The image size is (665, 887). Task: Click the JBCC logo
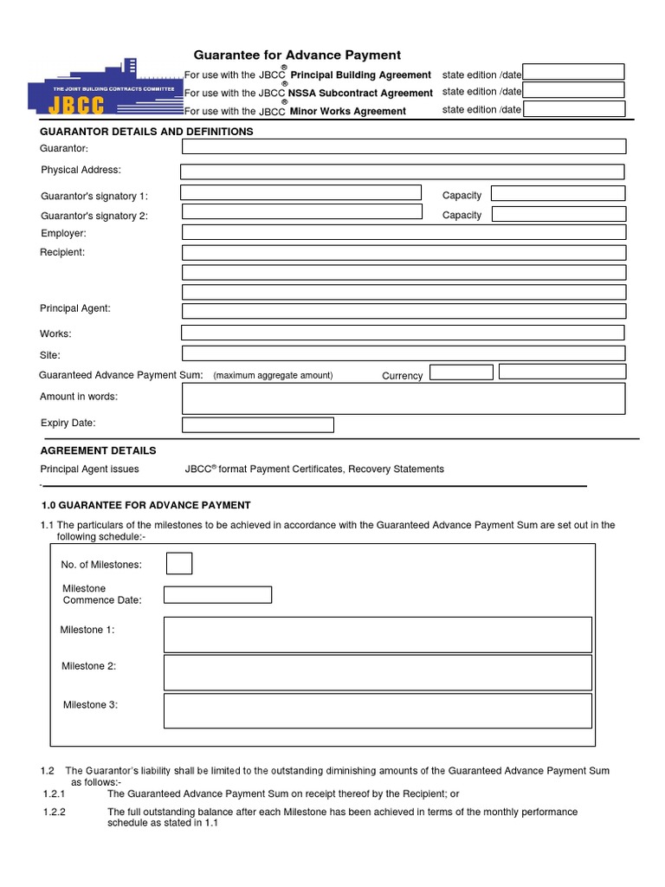(x=105, y=87)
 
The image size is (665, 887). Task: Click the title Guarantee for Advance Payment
(x=297, y=55)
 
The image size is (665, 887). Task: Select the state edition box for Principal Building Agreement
(x=573, y=72)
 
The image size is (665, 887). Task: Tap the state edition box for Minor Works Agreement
(x=573, y=109)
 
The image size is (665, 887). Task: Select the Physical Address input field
(x=403, y=172)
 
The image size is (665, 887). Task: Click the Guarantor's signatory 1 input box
(x=301, y=193)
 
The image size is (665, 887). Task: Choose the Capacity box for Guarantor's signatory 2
(x=558, y=214)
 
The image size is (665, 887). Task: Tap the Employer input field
(x=403, y=232)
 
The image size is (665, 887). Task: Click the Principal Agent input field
(x=403, y=311)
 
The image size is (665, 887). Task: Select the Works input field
(x=403, y=333)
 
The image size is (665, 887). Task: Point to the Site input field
(x=403, y=353)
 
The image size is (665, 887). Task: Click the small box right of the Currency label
(x=461, y=372)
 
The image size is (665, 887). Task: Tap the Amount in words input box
(x=403, y=398)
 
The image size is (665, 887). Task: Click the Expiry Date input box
(x=257, y=424)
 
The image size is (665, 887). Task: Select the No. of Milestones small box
(x=179, y=564)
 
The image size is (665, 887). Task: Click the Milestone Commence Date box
(x=217, y=595)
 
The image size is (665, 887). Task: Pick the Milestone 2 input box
(x=378, y=672)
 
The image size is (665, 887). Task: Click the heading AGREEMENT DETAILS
(x=99, y=450)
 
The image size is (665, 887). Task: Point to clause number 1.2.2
(x=55, y=812)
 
